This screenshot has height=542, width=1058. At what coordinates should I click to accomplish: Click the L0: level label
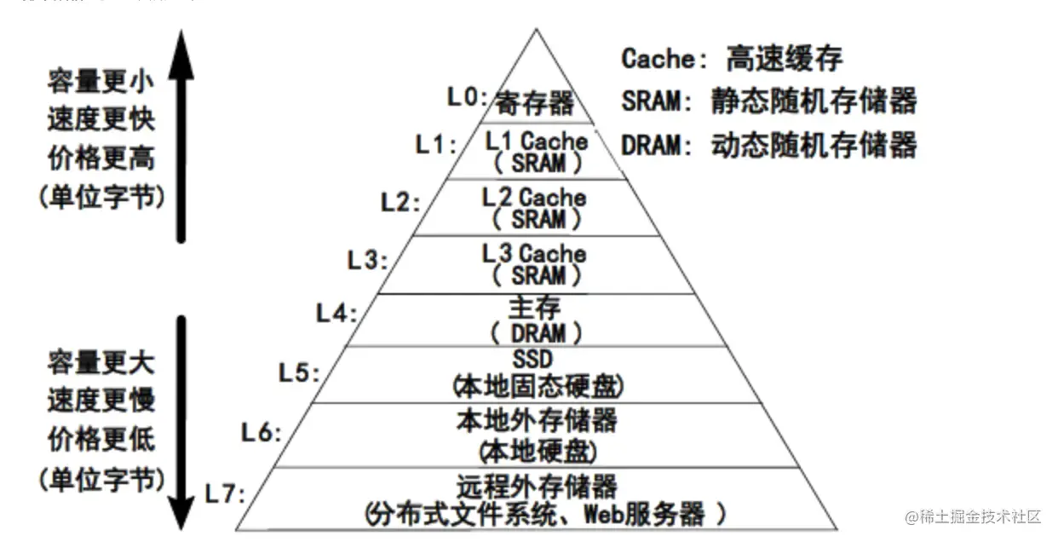(x=468, y=97)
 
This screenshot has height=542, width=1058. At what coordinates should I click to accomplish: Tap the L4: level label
(x=337, y=313)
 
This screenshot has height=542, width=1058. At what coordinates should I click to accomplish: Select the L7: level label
(x=225, y=493)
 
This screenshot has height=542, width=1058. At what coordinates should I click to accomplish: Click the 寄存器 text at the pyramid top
(x=535, y=105)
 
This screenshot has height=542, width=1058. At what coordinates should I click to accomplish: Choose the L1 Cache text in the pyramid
(x=537, y=141)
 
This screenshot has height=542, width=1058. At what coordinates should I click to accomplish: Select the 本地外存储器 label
(x=537, y=421)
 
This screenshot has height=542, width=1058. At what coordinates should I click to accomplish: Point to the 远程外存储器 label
(x=537, y=487)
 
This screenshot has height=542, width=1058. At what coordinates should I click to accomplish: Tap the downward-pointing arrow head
(x=181, y=511)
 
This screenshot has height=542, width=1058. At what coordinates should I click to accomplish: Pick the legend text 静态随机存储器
(x=814, y=101)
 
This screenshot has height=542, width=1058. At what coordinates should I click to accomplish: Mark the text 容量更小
(x=101, y=82)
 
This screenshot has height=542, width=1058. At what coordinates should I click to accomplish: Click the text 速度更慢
(x=101, y=400)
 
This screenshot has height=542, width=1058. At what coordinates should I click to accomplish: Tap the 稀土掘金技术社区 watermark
(x=973, y=516)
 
